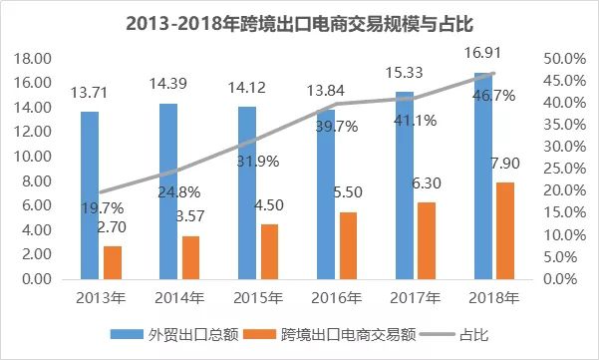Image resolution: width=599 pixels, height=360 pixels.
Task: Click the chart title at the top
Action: [x=299, y=22]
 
